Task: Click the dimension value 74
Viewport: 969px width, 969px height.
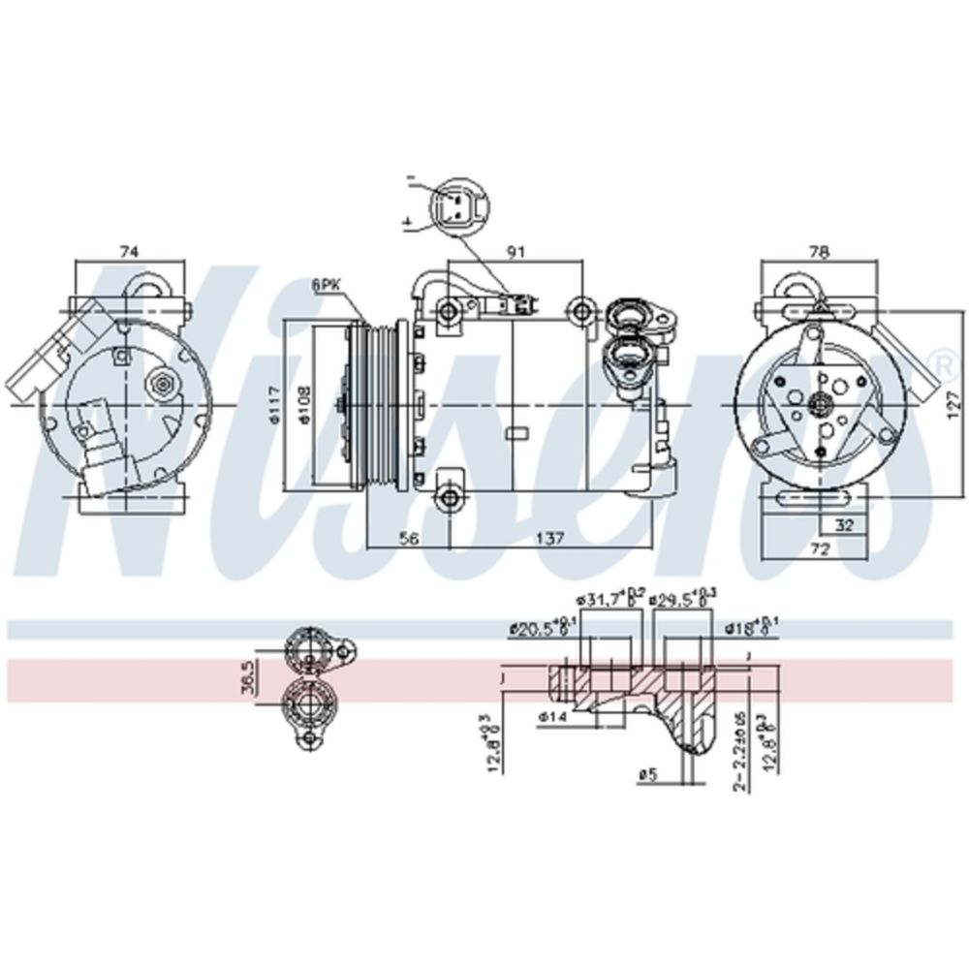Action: pyautogui.click(x=128, y=252)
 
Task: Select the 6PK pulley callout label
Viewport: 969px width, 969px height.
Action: pyautogui.click(x=327, y=286)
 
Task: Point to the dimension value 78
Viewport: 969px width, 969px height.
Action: pyautogui.click(x=820, y=252)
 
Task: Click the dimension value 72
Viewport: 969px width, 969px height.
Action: pyautogui.click(x=820, y=549)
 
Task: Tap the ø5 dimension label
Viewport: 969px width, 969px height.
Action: pyautogui.click(x=647, y=772)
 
